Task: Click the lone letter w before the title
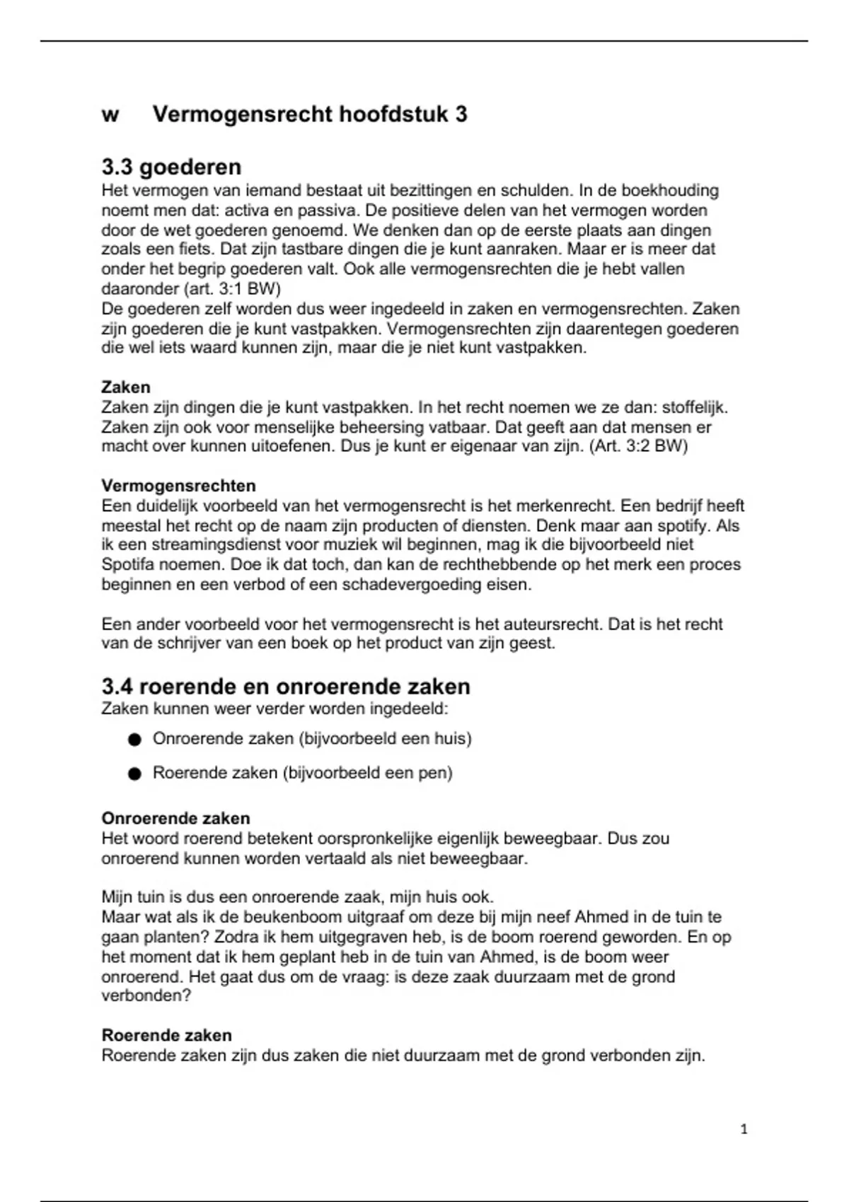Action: point(110,115)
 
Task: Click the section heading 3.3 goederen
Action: point(171,167)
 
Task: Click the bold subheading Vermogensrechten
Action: point(178,486)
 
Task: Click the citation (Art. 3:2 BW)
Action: point(638,447)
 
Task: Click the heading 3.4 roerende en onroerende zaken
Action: point(286,687)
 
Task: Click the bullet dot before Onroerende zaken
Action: point(135,740)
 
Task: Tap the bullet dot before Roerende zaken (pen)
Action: point(135,774)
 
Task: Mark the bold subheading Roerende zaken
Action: point(167,1035)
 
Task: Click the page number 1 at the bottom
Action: point(744,1129)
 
